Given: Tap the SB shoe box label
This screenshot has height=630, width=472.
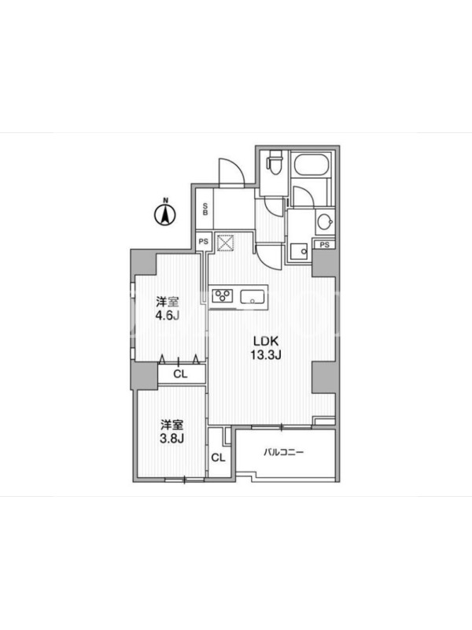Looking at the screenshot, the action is [x=205, y=209].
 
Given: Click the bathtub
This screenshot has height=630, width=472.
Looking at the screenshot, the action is [x=312, y=165].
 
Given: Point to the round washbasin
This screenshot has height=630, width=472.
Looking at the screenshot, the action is [x=324, y=221].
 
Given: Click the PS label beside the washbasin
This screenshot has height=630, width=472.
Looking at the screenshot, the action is [x=325, y=244].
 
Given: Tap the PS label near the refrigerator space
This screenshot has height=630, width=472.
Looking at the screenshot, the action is [x=204, y=242].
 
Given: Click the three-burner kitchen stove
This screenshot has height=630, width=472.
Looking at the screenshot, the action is [x=223, y=296].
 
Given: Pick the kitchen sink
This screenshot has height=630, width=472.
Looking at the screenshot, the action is [x=252, y=297].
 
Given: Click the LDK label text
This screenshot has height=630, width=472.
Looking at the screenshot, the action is [x=265, y=341].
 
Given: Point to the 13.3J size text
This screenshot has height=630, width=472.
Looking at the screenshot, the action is [x=265, y=355].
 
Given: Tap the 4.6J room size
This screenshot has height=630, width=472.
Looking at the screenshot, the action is [x=167, y=316].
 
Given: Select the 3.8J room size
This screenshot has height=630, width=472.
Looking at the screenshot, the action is [x=171, y=438].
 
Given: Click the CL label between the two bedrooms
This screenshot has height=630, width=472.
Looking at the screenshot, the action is [x=180, y=374].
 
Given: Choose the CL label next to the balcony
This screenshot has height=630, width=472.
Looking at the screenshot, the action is [x=219, y=458].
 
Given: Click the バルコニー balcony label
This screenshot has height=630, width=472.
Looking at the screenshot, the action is [x=284, y=452].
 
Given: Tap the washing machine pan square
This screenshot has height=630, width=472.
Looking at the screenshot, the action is [x=299, y=252].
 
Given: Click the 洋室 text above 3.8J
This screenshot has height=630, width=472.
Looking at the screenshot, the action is [x=172, y=424].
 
